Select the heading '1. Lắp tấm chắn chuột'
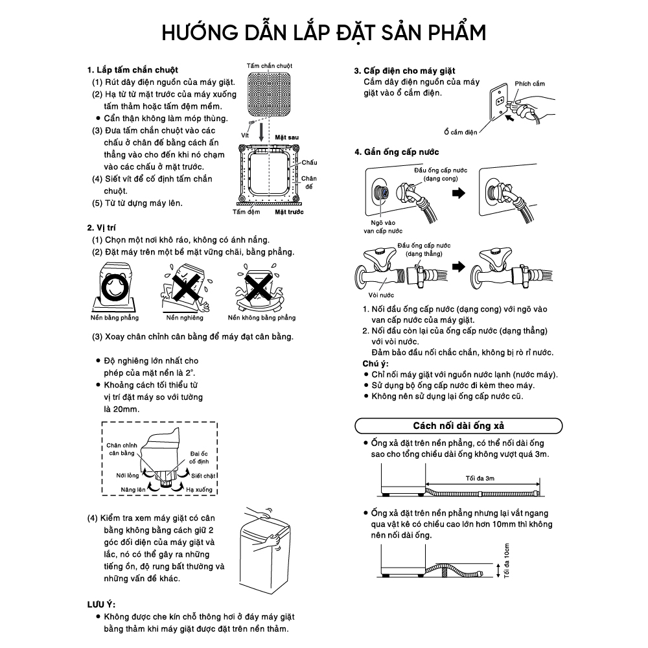(x=132, y=69)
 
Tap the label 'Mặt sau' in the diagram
(x=286, y=138)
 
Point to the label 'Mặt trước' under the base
(x=290, y=211)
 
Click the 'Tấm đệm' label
(x=246, y=211)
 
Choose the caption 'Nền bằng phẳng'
(x=114, y=318)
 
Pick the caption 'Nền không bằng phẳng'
(x=262, y=318)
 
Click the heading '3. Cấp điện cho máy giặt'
(x=404, y=70)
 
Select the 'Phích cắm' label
(x=529, y=84)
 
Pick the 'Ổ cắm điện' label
(x=461, y=132)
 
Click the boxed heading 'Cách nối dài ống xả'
(x=459, y=426)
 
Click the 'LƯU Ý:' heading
(x=101, y=604)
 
